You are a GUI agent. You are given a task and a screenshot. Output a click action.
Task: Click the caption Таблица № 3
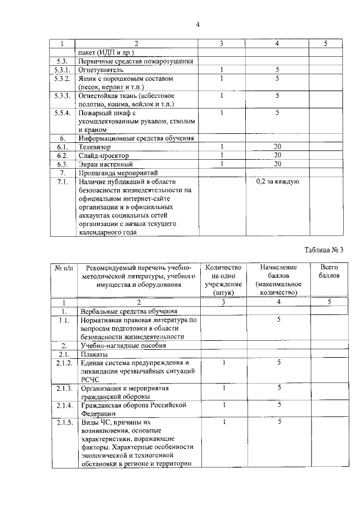(x=323, y=250)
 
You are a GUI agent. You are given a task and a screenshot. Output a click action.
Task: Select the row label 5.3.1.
(x=62, y=70)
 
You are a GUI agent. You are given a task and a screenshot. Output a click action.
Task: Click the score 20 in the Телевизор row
(x=277, y=146)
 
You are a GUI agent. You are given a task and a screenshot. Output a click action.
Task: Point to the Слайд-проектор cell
(x=104, y=155)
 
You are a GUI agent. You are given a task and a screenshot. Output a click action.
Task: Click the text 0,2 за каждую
(x=277, y=182)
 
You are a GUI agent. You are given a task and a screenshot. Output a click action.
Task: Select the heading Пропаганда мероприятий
(x=119, y=173)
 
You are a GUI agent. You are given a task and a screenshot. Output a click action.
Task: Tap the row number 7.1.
(x=62, y=182)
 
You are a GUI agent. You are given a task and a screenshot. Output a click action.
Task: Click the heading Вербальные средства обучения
(x=129, y=311)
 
